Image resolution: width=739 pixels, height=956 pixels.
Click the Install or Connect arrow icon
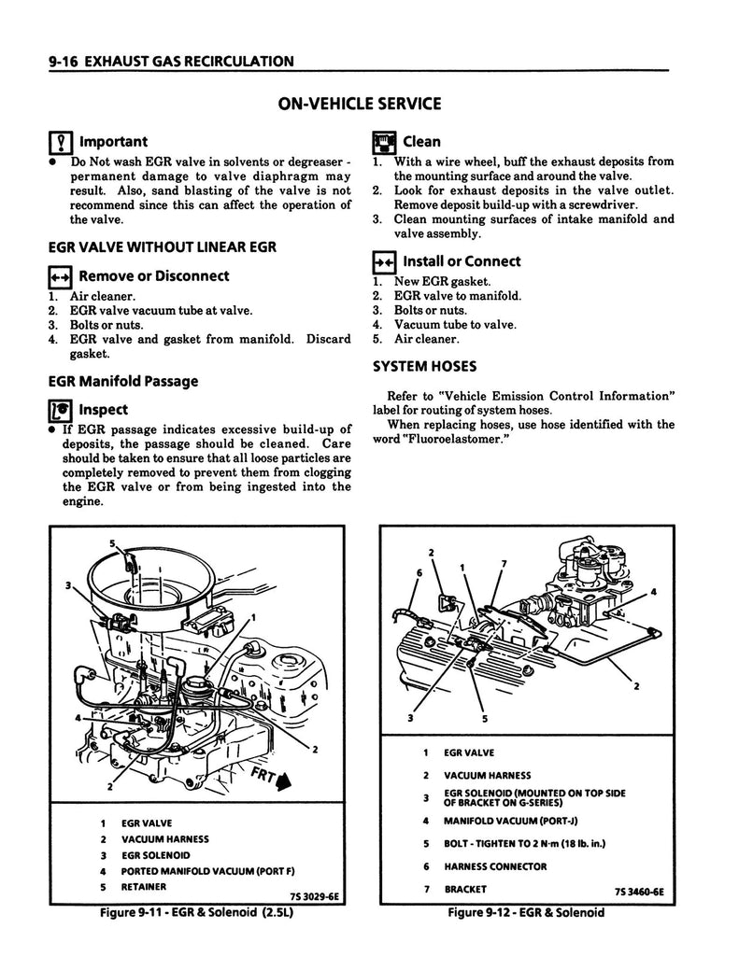[382, 262]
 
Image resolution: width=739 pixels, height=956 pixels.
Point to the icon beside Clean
[383, 143]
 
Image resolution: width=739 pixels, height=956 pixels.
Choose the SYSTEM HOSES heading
[424, 366]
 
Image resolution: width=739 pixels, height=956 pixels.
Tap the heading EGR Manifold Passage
[122, 381]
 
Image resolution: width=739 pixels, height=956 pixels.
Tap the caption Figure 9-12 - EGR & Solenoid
[525, 912]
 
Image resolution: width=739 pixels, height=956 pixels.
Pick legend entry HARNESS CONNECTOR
[495, 866]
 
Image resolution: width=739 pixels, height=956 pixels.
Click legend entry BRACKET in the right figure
[463, 889]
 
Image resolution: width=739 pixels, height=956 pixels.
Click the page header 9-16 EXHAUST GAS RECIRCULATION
[161, 62]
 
